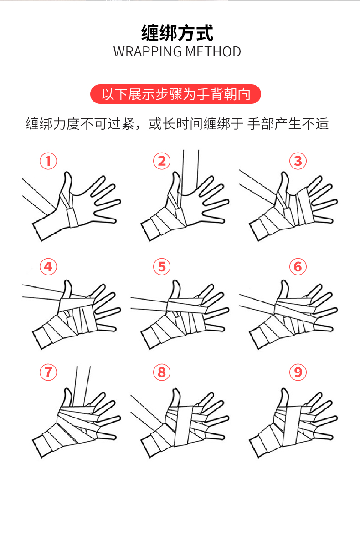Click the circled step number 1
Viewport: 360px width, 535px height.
(48, 161)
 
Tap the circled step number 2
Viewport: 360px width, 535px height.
(161, 161)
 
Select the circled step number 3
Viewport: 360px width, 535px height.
(298, 161)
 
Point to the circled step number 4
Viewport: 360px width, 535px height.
(48, 267)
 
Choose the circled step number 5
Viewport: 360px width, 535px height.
(161, 267)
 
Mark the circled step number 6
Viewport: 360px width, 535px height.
(298, 267)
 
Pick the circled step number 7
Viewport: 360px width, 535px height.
(48, 372)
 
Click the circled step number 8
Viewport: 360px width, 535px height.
(161, 372)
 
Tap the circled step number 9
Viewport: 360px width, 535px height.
(298, 372)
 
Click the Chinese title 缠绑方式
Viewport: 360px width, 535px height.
(177, 33)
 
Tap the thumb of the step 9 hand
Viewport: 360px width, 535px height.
(284, 396)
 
